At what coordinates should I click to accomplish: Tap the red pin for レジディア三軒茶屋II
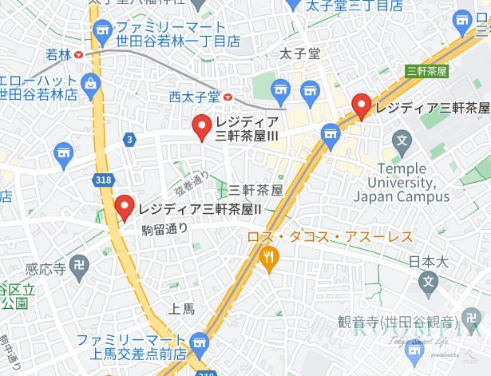[x=124, y=208]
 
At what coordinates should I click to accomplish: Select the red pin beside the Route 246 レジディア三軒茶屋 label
[x=362, y=105]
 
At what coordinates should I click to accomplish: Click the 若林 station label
[x=58, y=54]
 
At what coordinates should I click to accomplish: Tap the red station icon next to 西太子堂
[x=229, y=97]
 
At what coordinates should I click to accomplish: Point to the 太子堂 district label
[x=300, y=53]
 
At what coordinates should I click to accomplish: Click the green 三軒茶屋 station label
[x=426, y=70]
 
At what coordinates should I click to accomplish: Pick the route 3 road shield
[x=129, y=140]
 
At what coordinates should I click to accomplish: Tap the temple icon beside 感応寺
[x=77, y=270]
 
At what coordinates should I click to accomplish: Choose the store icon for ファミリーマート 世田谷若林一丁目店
[x=101, y=32]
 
